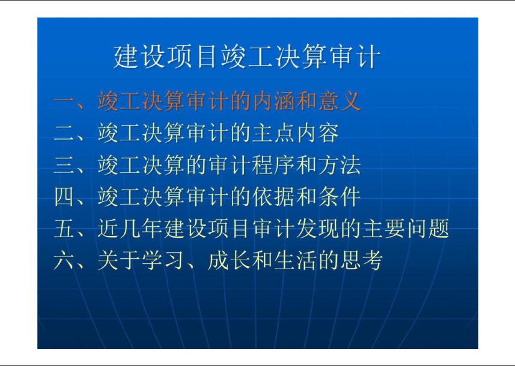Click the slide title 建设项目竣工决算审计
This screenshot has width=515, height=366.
pyautogui.click(x=247, y=57)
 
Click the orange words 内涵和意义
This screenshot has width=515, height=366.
pyautogui.click(x=306, y=101)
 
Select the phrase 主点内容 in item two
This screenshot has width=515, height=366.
pyautogui.click(x=296, y=133)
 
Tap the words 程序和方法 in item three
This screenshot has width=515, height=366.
pyautogui.click(x=306, y=165)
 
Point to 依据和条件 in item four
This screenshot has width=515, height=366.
pyautogui.click(x=306, y=197)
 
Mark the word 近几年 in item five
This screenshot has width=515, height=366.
pyautogui.click(x=130, y=229)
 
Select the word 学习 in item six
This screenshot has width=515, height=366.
pyautogui.click(x=163, y=260)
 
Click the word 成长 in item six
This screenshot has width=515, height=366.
pyautogui.click(x=229, y=260)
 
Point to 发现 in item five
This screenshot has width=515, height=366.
pyautogui.click(x=318, y=229)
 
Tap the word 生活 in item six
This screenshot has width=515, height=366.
pyautogui.click(x=296, y=260)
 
